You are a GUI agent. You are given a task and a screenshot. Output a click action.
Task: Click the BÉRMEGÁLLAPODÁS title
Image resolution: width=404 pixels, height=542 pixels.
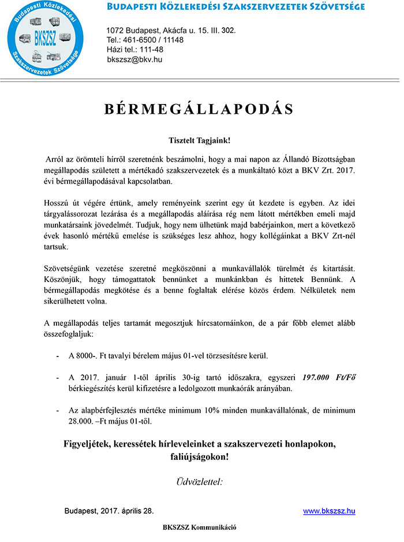[199, 110]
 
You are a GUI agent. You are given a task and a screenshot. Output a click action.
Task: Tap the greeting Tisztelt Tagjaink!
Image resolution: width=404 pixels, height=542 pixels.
[199, 140]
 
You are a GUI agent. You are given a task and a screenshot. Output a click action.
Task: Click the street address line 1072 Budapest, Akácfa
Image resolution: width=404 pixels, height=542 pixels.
[171, 30]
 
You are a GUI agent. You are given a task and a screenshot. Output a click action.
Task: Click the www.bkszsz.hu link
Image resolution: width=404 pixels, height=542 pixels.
[329, 511]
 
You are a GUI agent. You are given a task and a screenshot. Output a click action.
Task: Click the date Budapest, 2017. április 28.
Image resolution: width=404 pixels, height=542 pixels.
[109, 511]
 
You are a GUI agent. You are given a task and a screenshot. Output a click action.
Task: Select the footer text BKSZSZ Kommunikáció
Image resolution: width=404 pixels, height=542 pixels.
[199, 528]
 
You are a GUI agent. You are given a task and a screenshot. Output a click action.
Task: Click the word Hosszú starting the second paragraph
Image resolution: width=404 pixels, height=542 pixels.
[58, 203]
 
